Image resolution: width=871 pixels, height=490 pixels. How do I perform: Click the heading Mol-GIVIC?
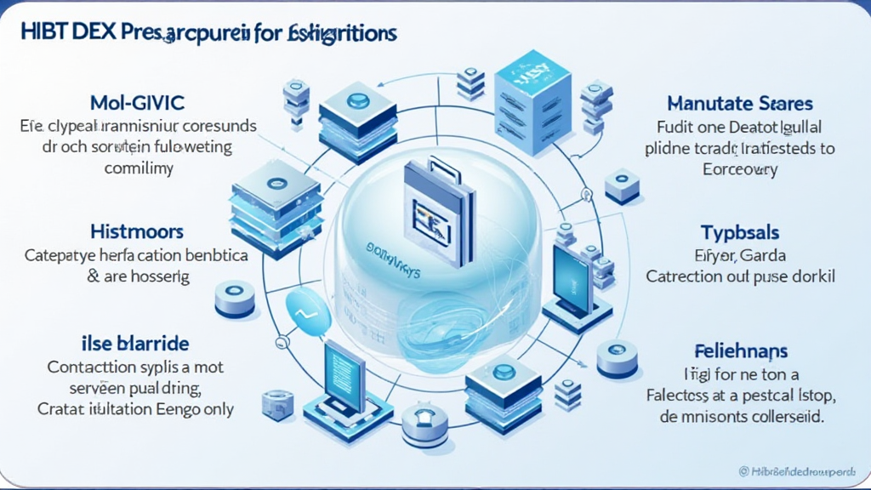(139, 103)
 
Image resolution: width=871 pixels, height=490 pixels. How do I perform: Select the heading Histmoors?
(136, 231)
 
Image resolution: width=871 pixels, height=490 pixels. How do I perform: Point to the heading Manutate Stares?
(740, 104)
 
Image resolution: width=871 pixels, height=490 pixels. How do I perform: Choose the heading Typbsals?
(740, 232)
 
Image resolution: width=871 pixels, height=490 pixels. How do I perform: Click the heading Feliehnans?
(740, 350)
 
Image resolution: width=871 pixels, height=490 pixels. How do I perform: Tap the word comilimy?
(139, 168)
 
